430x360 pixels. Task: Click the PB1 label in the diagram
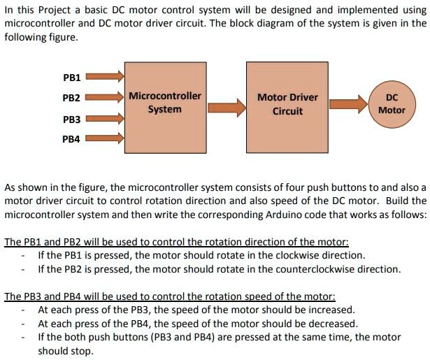tap(72, 77)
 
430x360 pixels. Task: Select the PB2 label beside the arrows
tap(72, 98)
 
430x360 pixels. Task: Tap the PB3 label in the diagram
tap(72, 120)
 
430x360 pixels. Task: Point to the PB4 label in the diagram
tap(72, 139)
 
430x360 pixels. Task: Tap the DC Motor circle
tap(392, 105)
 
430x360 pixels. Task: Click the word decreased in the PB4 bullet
tap(333, 323)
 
